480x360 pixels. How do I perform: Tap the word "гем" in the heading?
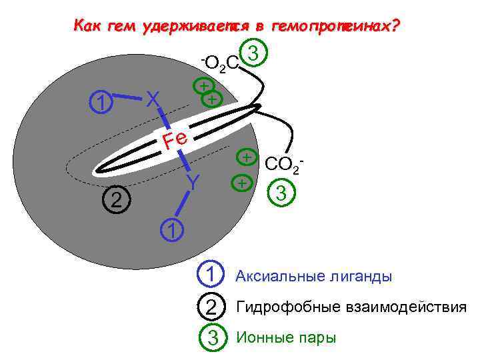click(x=119, y=27)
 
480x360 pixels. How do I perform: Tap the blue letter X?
click(x=153, y=99)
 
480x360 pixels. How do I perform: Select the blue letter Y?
click(x=193, y=182)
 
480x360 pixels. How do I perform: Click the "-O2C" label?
click(x=220, y=63)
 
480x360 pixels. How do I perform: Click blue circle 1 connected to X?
click(x=101, y=101)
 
